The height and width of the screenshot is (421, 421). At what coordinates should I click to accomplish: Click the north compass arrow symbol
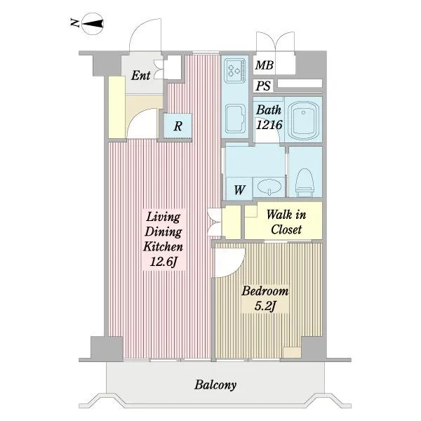coord(93,24)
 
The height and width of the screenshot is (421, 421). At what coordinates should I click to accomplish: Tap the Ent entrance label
coord(140,76)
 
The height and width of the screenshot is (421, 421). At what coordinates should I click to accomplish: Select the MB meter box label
coord(265,65)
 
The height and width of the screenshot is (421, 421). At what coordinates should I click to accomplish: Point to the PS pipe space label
coord(263,86)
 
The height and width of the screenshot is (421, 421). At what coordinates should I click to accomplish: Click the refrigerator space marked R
coord(178,126)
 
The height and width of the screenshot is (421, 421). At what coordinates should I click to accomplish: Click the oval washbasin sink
coord(269,186)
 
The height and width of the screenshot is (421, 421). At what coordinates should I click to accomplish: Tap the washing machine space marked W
coord(239,189)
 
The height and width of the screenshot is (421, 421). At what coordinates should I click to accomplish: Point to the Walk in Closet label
coord(286,222)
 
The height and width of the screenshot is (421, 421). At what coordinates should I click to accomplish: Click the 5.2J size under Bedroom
coord(265,306)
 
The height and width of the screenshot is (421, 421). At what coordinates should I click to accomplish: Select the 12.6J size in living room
coord(163,262)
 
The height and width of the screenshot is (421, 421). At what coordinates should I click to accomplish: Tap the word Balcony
coord(215,385)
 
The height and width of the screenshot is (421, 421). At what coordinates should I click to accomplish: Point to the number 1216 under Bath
coord(269,125)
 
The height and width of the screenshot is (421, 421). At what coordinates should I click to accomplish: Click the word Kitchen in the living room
coord(163,246)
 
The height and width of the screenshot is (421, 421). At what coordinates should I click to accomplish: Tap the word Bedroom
coord(265,291)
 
